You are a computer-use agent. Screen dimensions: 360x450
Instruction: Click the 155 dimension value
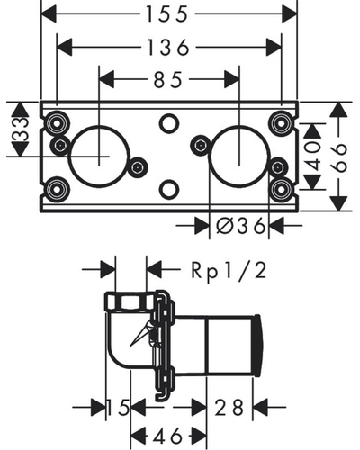167,14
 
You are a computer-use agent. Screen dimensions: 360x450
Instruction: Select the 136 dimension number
168,47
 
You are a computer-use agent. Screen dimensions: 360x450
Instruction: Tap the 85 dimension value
168,80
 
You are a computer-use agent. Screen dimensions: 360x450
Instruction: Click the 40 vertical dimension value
313,156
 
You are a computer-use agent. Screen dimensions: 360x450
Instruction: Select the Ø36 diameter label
240,226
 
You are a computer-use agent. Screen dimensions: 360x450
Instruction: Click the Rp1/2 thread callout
229,271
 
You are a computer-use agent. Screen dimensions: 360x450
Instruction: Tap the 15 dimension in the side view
119,408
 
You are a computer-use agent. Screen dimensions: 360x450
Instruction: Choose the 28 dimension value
229,408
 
